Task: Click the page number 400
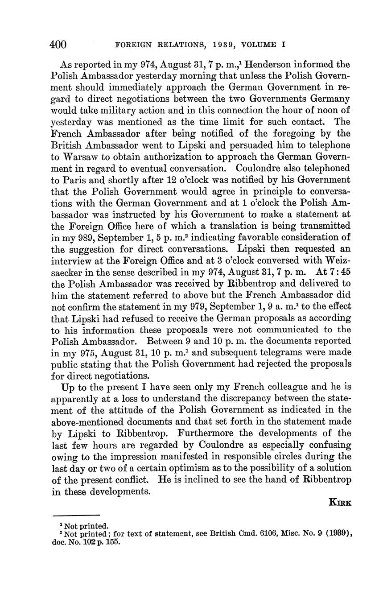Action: point(58,45)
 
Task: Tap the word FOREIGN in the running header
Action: point(131,45)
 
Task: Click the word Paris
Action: point(76,180)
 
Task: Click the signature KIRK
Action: point(340,503)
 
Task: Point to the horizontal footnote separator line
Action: point(75,515)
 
